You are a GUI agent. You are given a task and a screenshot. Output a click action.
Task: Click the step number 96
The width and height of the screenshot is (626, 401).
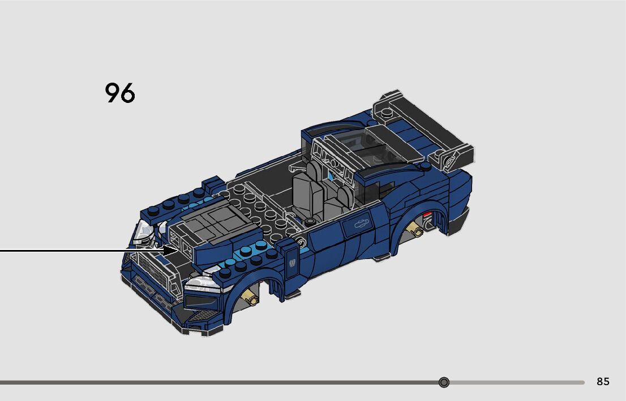pos(120,93)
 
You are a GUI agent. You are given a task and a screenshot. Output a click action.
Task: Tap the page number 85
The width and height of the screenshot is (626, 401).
pos(603,382)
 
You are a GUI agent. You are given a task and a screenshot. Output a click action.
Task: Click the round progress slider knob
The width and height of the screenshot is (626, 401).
pos(444,382)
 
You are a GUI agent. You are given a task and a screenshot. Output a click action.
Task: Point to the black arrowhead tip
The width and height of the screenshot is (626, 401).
pos(179,251)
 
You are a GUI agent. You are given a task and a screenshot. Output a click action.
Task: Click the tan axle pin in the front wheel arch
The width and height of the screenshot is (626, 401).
pos(250,297)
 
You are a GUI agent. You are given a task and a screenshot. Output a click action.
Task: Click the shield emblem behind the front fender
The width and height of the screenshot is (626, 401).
pos(292,264)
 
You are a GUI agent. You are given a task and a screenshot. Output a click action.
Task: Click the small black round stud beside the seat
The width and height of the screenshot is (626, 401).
pos(310,221)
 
